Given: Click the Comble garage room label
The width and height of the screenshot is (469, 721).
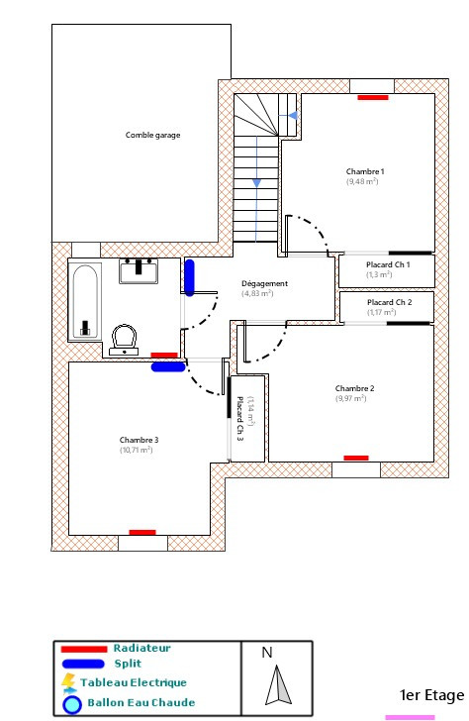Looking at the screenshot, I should coord(152,135).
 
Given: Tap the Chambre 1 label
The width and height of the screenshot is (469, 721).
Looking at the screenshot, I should coord(365,171).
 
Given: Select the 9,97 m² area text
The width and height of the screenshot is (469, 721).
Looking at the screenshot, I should coord(354,398).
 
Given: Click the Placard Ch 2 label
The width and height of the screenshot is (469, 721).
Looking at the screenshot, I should coord(388,301).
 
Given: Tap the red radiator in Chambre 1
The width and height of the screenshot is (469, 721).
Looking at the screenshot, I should coord(373,97).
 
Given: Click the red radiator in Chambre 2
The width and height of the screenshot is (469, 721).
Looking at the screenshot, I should coord(356,457).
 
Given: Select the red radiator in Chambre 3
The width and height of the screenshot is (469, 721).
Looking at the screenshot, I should coord(142,532).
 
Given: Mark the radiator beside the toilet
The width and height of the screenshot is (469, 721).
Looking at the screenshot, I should coord(164,354).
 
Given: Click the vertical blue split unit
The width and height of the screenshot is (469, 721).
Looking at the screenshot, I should coord(189,277).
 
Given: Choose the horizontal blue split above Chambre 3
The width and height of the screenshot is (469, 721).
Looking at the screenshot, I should coord(167,366).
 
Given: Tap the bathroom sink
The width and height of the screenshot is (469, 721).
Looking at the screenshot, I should coord(139,269).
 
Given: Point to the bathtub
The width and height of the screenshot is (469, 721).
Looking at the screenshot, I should coord(85,300).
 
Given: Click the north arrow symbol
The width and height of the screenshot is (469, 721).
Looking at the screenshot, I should coord(278,685).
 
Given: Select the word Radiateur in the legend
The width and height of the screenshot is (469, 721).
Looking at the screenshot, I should coord(141,648).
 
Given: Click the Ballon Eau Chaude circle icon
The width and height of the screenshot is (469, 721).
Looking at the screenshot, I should coord(71,706).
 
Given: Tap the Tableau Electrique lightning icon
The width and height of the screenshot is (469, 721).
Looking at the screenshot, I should coord(68,682).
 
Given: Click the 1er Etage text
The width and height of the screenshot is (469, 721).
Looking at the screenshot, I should coord(430,695).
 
